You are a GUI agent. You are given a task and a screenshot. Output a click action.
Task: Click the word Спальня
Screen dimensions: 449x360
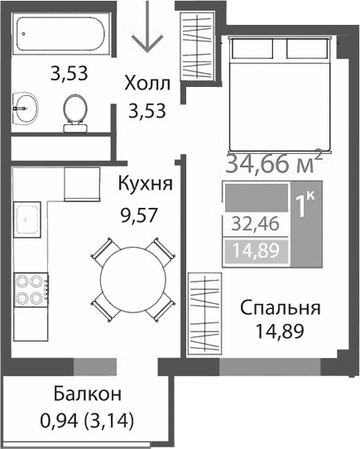(x=280, y=310)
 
